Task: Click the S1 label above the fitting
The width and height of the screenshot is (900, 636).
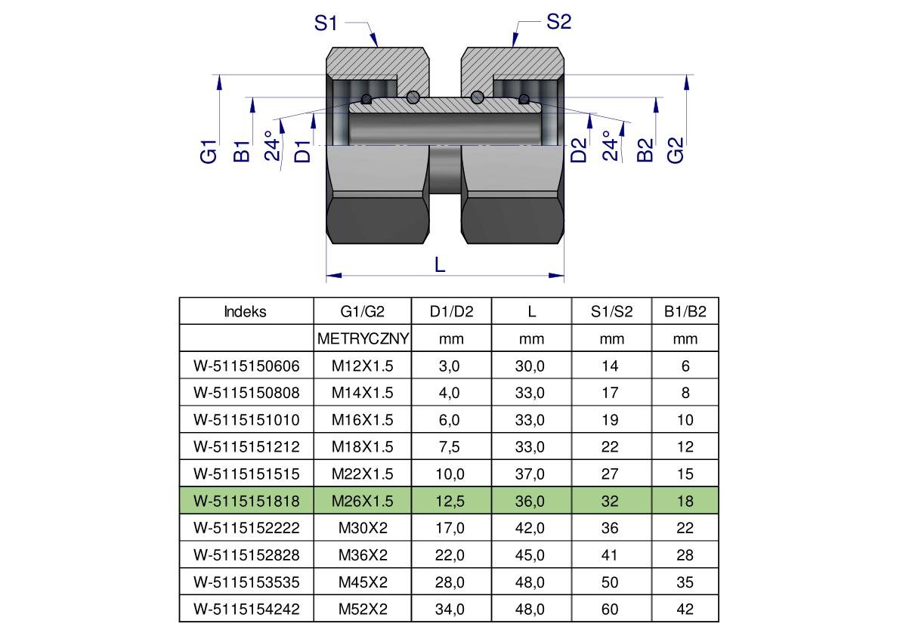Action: coord(326,23)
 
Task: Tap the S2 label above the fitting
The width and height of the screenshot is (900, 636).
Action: coord(558,22)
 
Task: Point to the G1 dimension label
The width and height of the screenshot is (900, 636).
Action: coord(209,150)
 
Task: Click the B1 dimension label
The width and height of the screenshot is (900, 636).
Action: coord(242,150)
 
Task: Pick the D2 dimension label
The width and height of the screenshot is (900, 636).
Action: coord(579,150)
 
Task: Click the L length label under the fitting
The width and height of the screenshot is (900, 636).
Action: coord(440,264)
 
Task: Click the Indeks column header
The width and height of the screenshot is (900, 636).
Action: coord(246,312)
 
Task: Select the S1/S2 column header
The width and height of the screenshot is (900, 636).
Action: coord(612,312)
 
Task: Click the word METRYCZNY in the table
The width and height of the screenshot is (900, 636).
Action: coord(363,339)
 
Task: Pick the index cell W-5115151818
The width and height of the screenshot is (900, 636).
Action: coord(246,501)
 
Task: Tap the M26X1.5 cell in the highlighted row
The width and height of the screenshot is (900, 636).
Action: coord(363,501)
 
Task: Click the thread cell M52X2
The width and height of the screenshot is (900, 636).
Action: coord(363,609)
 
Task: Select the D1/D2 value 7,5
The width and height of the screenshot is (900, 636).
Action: coord(451,446)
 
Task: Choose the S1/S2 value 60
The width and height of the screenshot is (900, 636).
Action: coord(610,609)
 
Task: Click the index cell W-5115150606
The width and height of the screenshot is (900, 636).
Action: coord(246,366)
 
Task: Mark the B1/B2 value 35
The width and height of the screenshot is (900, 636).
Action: coord(685,582)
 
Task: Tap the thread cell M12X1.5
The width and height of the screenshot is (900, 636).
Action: coord(363,366)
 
